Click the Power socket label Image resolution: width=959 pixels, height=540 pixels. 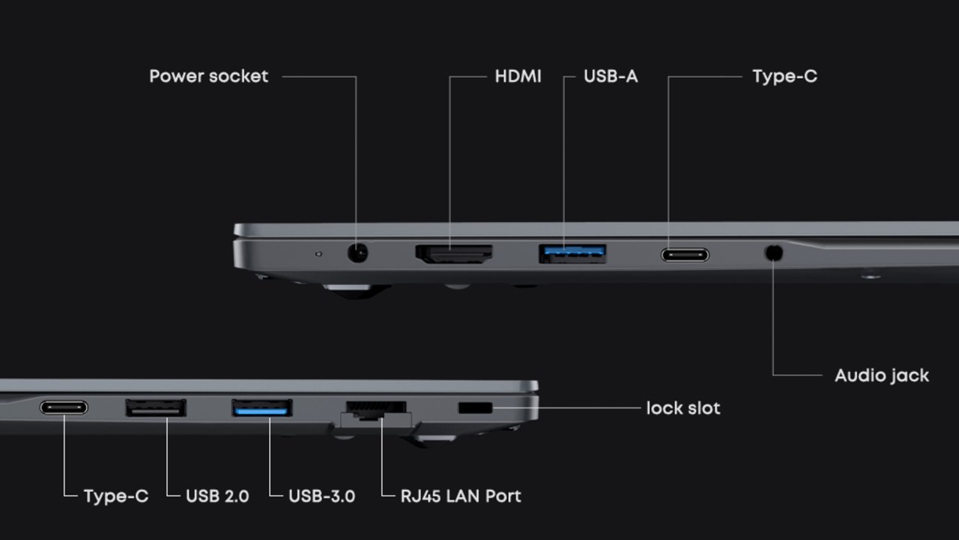click(x=208, y=76)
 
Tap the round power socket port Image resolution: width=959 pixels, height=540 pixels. click(x=359, y=253)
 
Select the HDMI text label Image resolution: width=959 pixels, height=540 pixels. click(x=518, y=76)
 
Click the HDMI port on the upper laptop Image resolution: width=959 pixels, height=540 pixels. click(x=454, y=253)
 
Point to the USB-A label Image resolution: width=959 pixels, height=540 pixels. click(x=611, y=76)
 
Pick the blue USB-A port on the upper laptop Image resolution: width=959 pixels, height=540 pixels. click(x=572, y=253)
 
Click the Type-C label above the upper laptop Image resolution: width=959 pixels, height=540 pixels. click(x=784, y=76)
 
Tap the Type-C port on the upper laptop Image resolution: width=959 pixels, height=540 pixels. click(x=685, y=255)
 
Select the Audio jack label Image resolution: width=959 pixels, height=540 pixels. click(x=882, y=375)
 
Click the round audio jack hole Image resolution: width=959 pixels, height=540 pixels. click(x=773, y=253)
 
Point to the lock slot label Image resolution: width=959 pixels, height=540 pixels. click(x=683, y=408)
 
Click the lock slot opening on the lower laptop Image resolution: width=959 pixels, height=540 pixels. click(x=475, y=408)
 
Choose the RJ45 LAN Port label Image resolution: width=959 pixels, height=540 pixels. click(x=461, y=496)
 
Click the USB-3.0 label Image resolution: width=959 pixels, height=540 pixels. click(x=321, y=496)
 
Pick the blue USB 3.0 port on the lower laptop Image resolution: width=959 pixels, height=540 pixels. click(x=261, y=408)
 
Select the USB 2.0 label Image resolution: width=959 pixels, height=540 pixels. click(x=217, y=496)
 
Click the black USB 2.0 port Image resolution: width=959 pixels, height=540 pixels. click(x=156, y=408)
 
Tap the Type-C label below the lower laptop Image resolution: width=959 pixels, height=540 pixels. click(x=116, y=496)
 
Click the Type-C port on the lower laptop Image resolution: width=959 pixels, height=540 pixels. click(x=64, y=408)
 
